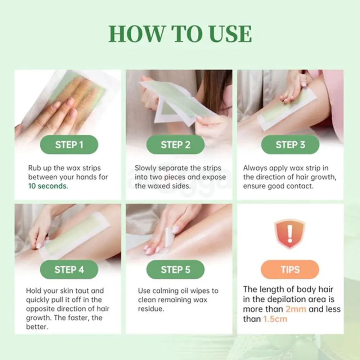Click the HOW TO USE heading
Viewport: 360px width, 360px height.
[180, 34]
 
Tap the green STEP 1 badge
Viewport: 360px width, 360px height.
[69, 145]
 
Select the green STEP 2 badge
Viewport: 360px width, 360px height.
[175, 145]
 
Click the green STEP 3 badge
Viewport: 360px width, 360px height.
[290, 145]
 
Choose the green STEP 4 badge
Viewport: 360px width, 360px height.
[69, 270]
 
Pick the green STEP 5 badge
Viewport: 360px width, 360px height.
[175, 270]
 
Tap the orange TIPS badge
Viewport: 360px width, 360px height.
[290, 270]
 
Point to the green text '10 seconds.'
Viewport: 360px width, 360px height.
[48, 186]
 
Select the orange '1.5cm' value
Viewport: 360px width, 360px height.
[275, 319]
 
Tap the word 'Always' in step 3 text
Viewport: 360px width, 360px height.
[255, 168]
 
